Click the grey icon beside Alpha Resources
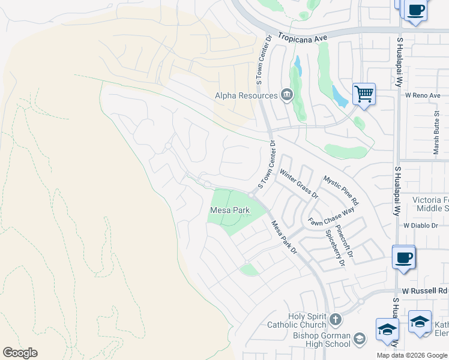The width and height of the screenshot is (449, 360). click(x=287, y=95)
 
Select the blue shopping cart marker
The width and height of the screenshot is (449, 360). click(x=363, y=94)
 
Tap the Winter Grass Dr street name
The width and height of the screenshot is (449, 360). click(x=298, y=184)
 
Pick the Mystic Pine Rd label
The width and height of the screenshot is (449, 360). click(x=340, y=190)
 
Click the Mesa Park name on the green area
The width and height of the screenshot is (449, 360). click(x=229, y=211)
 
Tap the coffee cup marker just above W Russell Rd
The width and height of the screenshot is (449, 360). click(x=403, y=257)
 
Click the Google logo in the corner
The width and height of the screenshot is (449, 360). click(x=20, y=353)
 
